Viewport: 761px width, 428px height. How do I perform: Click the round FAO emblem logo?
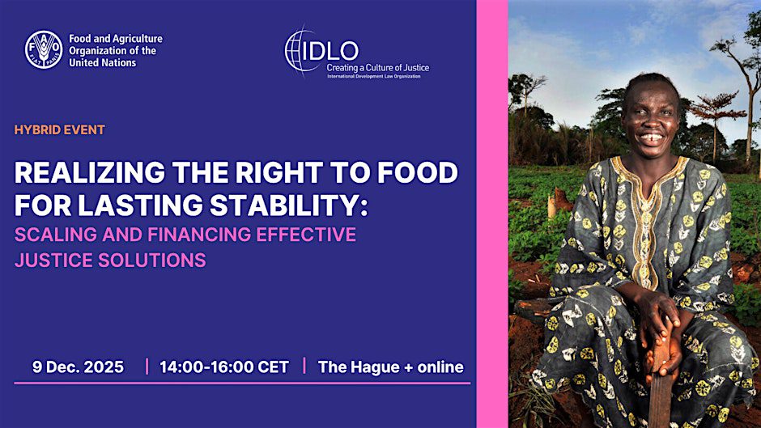[x=44, y=49]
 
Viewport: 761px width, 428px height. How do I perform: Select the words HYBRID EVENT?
[x=60, y=130]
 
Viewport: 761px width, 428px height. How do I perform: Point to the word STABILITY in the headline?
[x=285, y=205]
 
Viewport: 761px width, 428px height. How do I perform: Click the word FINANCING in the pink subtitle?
[x=199, y=235]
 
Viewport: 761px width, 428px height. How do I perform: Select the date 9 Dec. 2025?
[x=79, y=367]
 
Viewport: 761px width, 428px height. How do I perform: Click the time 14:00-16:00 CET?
[x=224, y=367]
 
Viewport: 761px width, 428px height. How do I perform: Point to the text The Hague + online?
[x=391, y=367]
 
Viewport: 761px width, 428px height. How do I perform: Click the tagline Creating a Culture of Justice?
[x=377, y=68]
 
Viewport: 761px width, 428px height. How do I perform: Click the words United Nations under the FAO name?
[x=102, y=62]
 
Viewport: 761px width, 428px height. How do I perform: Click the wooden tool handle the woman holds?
[x=660, y=388]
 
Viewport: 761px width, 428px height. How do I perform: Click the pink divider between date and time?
[x=147, y=367]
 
